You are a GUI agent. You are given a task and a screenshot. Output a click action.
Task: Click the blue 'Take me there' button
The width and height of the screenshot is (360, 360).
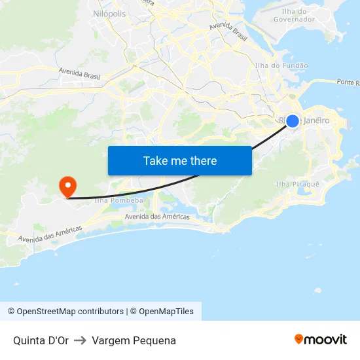pos(179,160)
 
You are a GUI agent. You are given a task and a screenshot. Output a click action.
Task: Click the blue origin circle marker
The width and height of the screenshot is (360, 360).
pos(293,121)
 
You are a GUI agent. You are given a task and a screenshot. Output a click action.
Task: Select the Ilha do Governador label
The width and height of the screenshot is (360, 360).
pos(298,15)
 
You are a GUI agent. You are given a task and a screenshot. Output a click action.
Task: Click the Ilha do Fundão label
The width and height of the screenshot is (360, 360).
pos(281,65)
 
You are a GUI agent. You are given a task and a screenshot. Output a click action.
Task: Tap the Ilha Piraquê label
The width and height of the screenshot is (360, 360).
pos(298,184)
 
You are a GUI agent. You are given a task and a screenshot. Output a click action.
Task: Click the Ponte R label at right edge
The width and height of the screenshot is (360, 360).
pos(348,82)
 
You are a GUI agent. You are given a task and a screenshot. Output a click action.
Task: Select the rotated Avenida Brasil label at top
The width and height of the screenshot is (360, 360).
pos(228,31)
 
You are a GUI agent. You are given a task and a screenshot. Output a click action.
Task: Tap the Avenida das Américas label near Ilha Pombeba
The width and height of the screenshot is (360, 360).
pos(157,217)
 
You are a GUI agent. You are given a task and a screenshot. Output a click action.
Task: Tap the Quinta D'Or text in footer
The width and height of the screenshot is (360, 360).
pos(41,340)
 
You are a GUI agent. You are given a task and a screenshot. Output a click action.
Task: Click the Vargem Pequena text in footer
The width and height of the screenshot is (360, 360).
pos(134,340)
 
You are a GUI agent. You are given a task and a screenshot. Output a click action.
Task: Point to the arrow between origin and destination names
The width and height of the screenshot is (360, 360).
pos(81,340)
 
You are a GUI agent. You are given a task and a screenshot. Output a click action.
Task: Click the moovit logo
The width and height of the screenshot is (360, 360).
pos(321,339)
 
